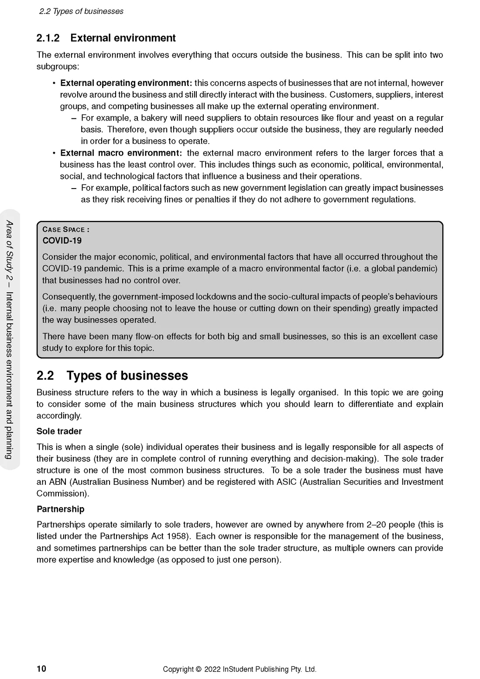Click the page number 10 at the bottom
pos(41,669)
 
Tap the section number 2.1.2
pos(48,38)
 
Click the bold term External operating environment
pos(126,83)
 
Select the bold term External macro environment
pos(121,153)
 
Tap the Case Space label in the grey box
pos(65,230)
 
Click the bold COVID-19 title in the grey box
pos(62,240)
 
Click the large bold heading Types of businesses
pos(127,376)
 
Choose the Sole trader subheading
pos(59,431)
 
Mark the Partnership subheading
pos(61,509)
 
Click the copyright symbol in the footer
pos(199,669)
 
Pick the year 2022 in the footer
pos(212,669)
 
